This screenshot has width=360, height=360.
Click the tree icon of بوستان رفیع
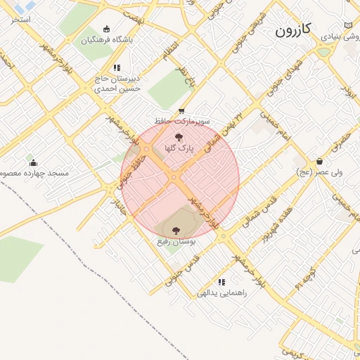176,230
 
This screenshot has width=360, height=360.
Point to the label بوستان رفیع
176,241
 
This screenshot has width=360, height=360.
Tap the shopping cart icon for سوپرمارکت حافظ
181,111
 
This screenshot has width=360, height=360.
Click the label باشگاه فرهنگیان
107,40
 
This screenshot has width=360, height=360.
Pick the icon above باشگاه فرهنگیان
106,30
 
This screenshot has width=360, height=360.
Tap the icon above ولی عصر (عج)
319,161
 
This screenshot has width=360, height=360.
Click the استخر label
20,19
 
